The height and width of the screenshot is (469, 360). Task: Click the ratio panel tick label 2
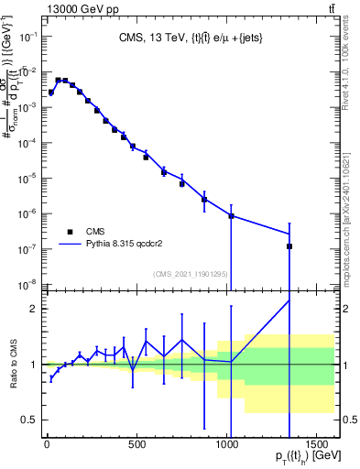pyautogui.click(x=35, y=309)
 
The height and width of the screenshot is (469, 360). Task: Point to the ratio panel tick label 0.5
pyautogui.click(x=30, y=420)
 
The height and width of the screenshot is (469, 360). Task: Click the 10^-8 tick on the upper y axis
pyautogui.click(x=27, y=283)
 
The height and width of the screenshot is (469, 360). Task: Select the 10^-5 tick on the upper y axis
pyautogui.click(x=27, y=178)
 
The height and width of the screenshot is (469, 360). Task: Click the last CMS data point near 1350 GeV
pyautogui.click(x=289, y=246)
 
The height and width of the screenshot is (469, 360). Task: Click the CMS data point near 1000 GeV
pyautogui.click(x=231, y=216)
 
